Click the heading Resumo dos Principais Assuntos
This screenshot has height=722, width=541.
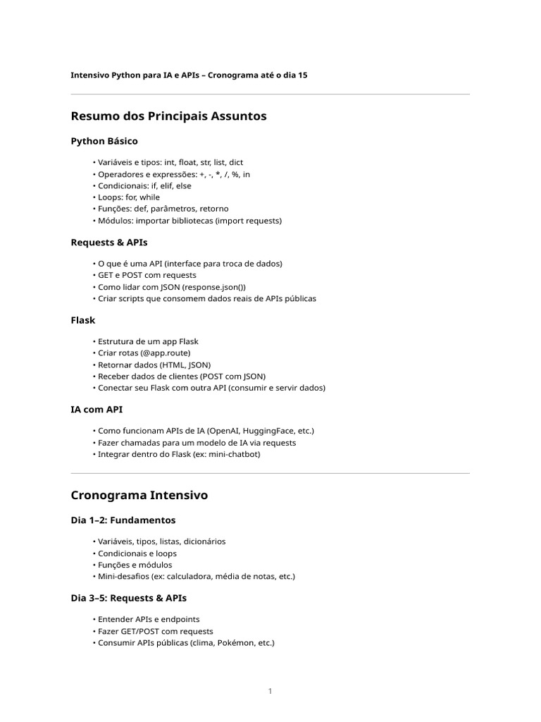tap(168, 116)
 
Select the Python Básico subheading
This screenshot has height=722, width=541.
tap(104, 141)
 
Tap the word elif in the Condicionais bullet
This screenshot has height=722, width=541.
tap(159, 185)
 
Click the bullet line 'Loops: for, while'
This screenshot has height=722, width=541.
tap(129, 197)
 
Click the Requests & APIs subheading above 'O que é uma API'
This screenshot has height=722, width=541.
tap(109, 243)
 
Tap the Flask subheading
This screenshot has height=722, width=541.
tap(83, 320)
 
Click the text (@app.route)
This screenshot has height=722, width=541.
tap(165, 353)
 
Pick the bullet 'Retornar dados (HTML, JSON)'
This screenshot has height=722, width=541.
tap(154, 365)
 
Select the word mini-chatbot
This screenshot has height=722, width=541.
tap(235, 454)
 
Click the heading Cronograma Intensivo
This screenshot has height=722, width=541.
tap(139, 496)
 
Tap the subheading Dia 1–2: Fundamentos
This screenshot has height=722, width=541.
tap(123, 520)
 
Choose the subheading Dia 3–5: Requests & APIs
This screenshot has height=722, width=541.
tap(129, 598)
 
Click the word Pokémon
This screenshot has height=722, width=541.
tap(233, 643)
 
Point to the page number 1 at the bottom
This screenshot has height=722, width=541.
tap(270, 691)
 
